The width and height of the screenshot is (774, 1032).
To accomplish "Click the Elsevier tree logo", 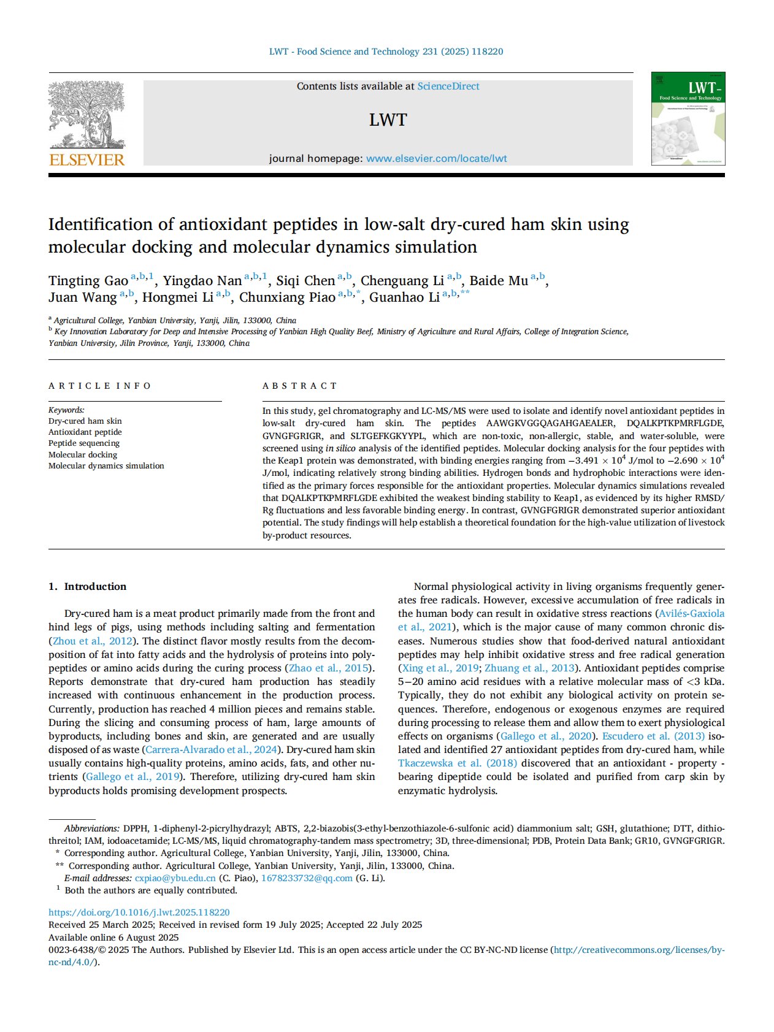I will pos(86,115).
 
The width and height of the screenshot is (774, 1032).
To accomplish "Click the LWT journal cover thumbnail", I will pos(688,118).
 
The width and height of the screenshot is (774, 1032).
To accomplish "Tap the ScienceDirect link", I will pos(448,86).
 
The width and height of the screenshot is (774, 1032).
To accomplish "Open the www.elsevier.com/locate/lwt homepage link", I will pos(436,158).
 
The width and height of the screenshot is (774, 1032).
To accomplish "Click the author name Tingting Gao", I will pos(88,281).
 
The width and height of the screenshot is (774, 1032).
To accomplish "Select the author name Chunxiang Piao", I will pos(287,297).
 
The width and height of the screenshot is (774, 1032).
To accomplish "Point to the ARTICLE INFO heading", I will pos(100,386).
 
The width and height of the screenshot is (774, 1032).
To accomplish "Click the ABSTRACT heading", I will pos(300,386).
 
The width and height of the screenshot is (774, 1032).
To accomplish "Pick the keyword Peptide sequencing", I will pos(84,443).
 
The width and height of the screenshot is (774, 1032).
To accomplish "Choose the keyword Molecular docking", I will pos(83,454).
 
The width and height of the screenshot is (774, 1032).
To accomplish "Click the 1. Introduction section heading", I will pos(88,586).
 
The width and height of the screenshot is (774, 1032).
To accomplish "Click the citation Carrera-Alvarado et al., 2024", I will pos(211,749).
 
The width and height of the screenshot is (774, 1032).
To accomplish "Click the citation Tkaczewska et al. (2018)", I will pos(458,763).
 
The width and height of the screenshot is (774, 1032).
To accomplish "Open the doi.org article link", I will pos(139,912).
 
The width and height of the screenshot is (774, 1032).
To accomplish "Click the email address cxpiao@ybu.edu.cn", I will pos(175,878).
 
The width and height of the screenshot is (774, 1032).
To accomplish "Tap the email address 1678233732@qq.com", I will pos(307,878).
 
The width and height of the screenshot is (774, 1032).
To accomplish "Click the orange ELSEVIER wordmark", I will pos(86,160).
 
